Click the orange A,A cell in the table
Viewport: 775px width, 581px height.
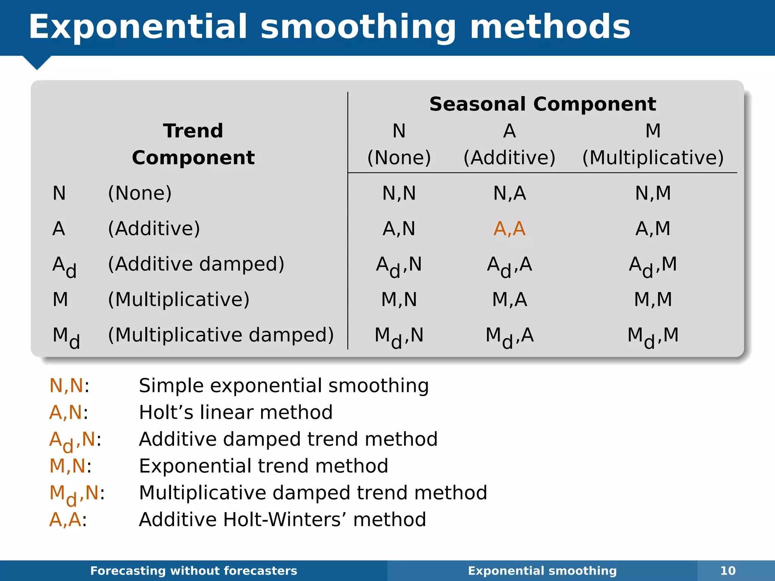pos(509,229)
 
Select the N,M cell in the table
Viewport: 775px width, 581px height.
pos(653,193)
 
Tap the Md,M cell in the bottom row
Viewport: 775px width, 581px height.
pos(653,336)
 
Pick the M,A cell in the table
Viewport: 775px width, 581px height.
pos(509,300)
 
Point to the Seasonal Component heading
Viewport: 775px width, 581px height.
pos(542,104)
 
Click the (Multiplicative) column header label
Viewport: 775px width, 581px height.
pos(653,158)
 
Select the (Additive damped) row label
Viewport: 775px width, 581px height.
pos(196,264)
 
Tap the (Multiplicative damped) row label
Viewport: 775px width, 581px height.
pos(221,335)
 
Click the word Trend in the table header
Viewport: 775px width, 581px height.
pos(193,131)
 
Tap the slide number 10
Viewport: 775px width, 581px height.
pos(728,570)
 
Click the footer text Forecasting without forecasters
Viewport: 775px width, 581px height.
pos(194,570)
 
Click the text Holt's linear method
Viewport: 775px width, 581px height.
pos(235,412)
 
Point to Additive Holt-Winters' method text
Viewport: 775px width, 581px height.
pos(282,520)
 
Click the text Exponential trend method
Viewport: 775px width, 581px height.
pos(263,466)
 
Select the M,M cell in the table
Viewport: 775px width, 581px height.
pos(653,300)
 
